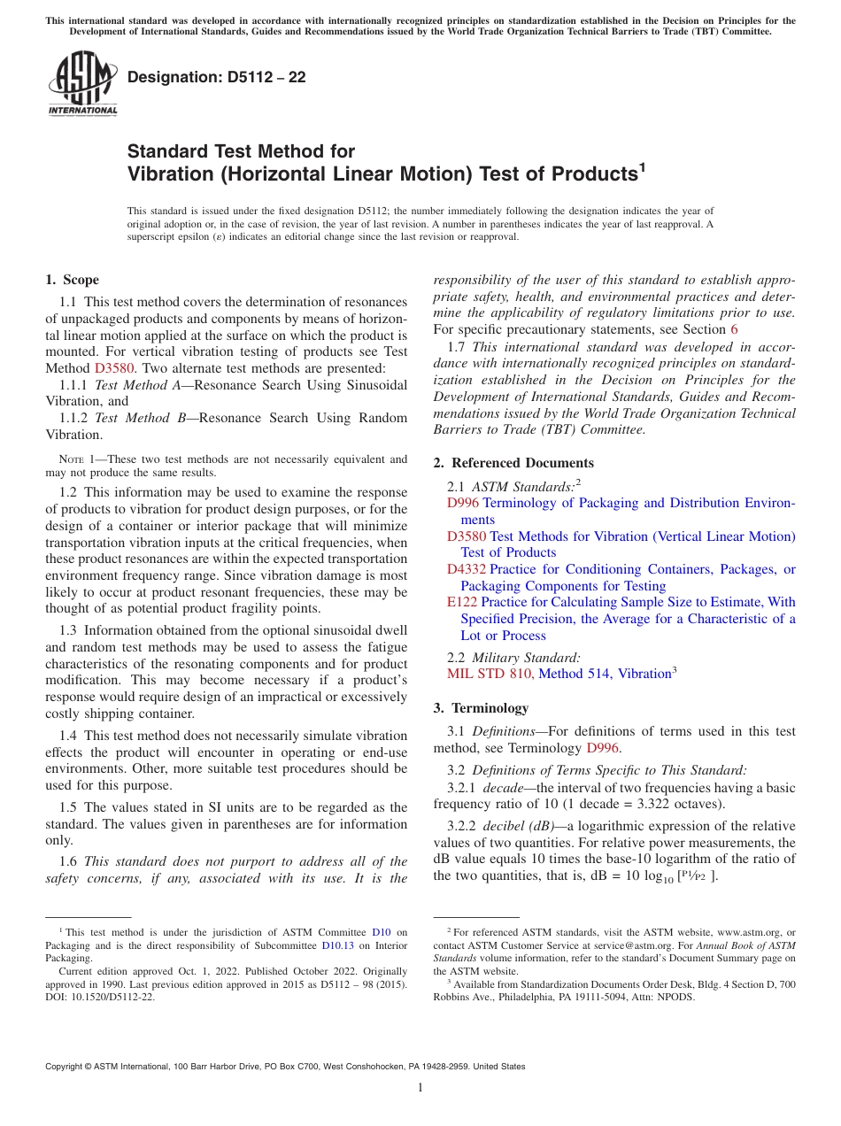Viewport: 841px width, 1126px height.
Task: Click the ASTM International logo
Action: (82, 83)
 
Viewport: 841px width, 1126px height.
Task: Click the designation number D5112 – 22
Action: (216, 77)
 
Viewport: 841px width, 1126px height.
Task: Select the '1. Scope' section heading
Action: (72, 280)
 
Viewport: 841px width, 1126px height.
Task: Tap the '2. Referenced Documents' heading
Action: (513, 463)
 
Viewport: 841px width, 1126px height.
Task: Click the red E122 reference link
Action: (462, 602)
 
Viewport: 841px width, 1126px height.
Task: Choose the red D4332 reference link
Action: (467, 569)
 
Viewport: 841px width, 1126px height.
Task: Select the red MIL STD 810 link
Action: (490, 674)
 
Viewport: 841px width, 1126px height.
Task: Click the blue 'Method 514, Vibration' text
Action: (604, 674)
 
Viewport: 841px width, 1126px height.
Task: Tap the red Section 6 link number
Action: (733, 329)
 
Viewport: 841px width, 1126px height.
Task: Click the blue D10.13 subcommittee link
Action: (336, 945)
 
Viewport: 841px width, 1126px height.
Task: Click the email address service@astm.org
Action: (607, 945)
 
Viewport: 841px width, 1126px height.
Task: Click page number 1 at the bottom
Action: (420, 1088)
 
